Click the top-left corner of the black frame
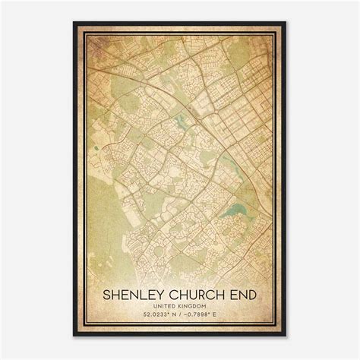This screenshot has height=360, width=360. coord(74,23)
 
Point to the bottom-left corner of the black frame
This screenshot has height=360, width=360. coord(74,336)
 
